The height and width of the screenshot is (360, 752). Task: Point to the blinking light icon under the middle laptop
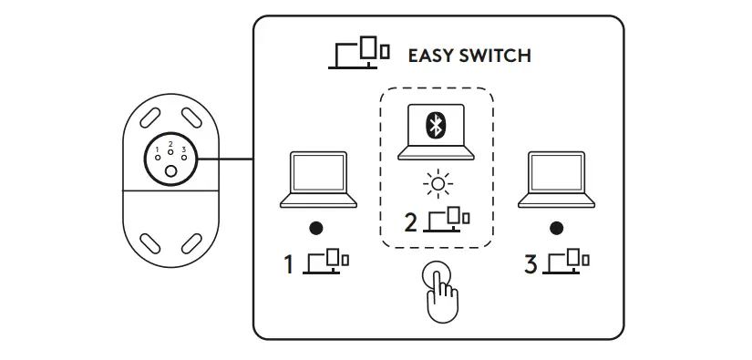438,187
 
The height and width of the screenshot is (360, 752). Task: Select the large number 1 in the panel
289,265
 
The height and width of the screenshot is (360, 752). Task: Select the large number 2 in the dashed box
410,221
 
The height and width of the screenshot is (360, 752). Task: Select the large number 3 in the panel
531,265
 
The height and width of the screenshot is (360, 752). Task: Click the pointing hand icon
441,291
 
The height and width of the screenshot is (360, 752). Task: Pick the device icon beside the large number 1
327,262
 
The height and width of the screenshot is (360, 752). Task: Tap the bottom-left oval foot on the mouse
149,242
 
